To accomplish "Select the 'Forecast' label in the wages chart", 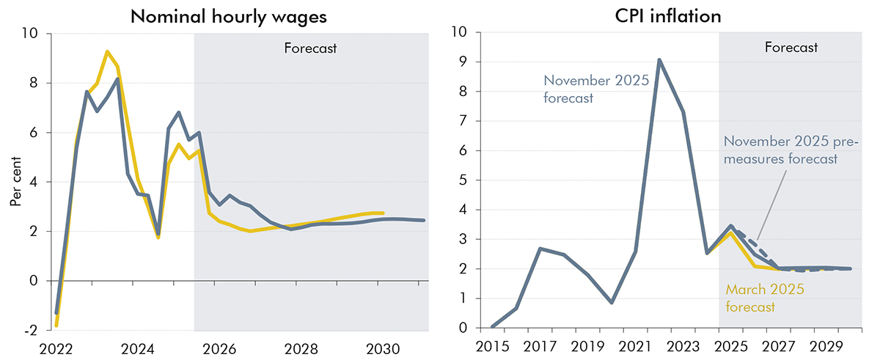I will (309, 49).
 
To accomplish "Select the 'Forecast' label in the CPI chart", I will (791, 48).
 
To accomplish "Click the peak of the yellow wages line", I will (108, 51).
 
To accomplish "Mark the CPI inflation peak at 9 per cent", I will (659, 60).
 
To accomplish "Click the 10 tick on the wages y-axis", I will (29, 34).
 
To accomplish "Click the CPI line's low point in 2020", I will (612, 303).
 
